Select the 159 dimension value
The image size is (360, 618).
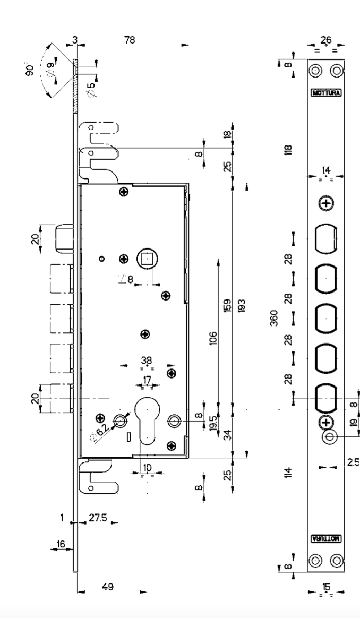point(227,308)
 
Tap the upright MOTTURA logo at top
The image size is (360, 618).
point(325,92)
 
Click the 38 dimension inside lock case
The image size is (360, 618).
point(148,360)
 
